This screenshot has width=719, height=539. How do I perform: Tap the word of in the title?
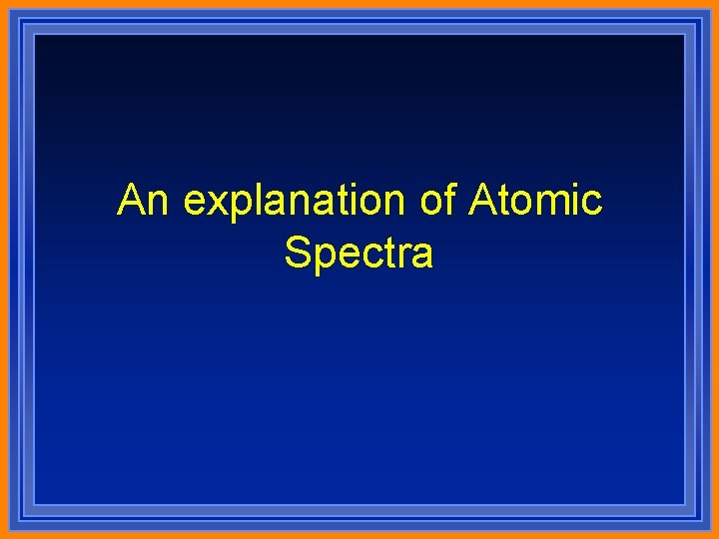click(x=437, y=201)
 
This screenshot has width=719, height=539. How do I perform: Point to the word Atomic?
click(x=535, y=201)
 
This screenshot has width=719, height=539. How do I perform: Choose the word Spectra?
click(x=359, y=254)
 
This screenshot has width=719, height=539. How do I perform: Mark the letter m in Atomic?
click(x=551, y=204)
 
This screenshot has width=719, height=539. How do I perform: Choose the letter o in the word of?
click(x=430, y=204)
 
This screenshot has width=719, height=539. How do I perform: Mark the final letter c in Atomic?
click(x=591, y=204)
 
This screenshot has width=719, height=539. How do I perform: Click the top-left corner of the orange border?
click(x=2, y=2)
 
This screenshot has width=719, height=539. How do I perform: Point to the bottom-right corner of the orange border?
click(x=716, y=536)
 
